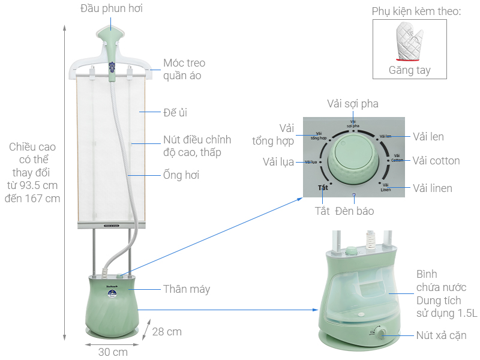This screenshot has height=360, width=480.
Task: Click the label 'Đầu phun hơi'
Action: (x=112, y=8)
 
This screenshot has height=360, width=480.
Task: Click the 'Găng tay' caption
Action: (x=409, y=70)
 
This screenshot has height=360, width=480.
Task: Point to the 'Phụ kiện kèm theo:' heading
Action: (x=416, y=11)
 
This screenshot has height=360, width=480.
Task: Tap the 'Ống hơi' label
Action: (x=181, y=175)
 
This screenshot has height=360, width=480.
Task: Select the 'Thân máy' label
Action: (x=187, y=289)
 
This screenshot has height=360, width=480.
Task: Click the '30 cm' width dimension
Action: (x=113, y=352)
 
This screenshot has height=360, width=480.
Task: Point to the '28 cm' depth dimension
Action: (x=166, y=331)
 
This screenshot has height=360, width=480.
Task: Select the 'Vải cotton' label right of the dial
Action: (x=436, y=161)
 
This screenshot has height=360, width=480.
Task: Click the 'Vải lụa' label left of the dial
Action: (x=278, y=162)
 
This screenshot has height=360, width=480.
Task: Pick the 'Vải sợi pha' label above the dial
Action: (x=353, y=104)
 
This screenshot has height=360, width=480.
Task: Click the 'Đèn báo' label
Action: (x=355, y=211)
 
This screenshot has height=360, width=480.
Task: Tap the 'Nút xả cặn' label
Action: (x=441, y=335)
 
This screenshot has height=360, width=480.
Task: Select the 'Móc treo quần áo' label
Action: (x=184, y=69)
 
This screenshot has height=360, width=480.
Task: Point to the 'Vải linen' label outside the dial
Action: (x=432, y=188)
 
